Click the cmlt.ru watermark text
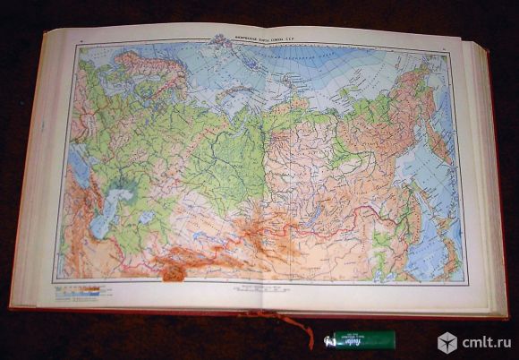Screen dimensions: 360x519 [486, 342]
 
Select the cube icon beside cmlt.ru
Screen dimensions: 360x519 [447, 342]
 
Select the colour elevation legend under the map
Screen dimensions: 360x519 [79, 290]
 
